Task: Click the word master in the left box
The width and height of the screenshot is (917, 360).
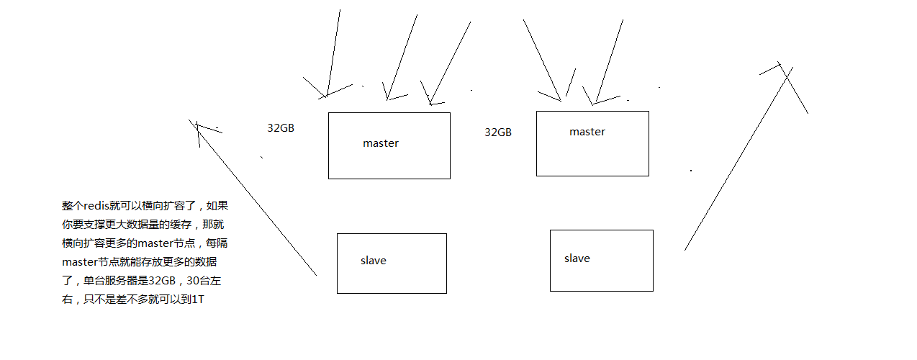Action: coord(381,143)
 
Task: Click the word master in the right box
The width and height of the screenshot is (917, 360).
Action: coord(587,132)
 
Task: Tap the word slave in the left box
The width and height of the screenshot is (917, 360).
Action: coord(374,261)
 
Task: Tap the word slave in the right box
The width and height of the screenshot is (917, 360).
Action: coord(577,258)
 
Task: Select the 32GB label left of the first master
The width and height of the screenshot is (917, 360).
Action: coord(281,128)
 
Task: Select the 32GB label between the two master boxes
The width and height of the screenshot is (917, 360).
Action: coord(498,132)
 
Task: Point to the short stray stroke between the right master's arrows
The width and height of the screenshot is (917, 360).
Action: coord(571,82)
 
